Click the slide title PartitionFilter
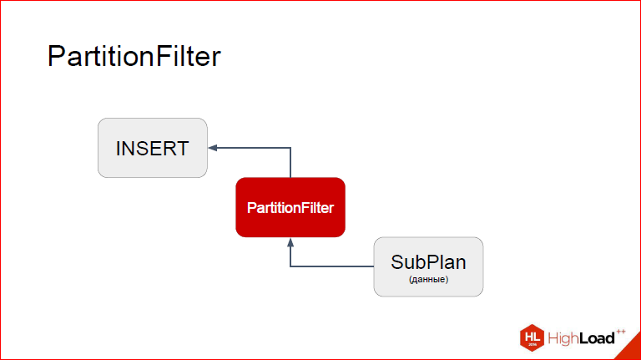point(134,58)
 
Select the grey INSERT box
point(152,148)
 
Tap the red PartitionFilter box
point(290,207)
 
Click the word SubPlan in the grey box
point(428,261)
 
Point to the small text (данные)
point(428,280)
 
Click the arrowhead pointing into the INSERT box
point(213,148)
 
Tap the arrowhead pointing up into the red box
point(290,242)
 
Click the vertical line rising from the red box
point(290,163)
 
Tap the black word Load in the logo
point(598,338)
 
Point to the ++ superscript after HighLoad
point(621,331)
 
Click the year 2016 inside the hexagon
point(532,343)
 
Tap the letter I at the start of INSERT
point(119,149)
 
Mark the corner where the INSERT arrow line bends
point(290,148)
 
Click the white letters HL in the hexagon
point(532,335)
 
